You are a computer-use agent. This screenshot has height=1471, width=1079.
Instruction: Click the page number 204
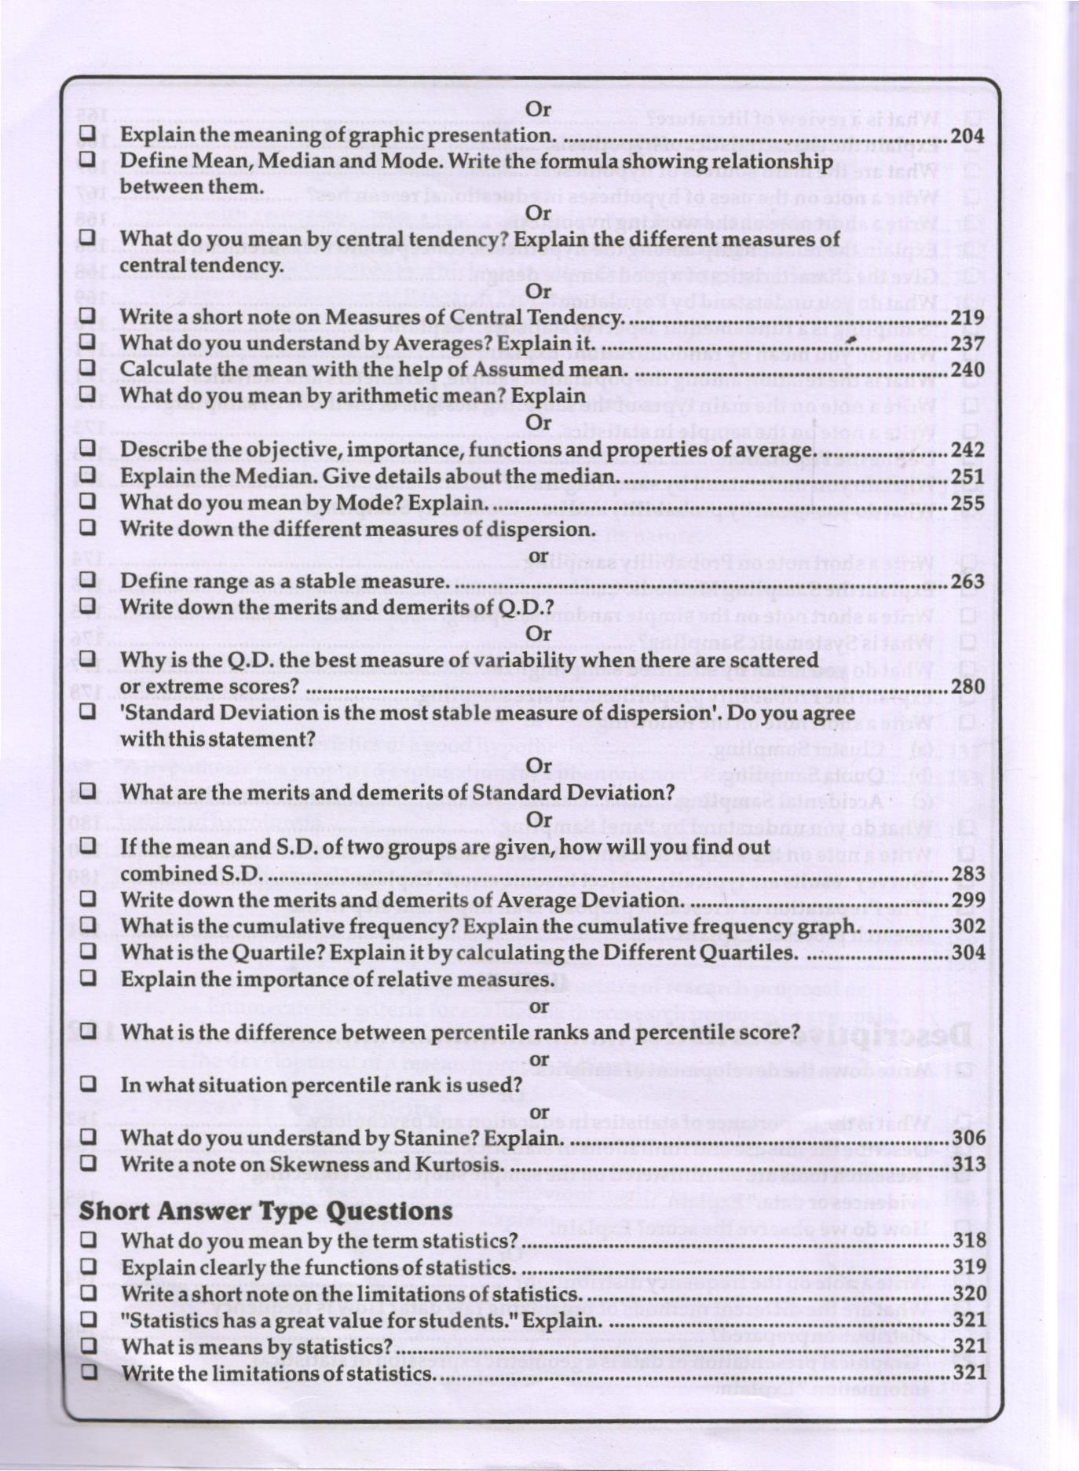click(967, 136)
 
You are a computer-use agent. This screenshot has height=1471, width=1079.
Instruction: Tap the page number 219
click(967, 317)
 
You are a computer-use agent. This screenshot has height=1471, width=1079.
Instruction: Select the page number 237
click(967, 344)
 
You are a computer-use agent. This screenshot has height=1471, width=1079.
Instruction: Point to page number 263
click(967, 581)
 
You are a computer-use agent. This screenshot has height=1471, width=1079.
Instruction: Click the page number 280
click(967, 687)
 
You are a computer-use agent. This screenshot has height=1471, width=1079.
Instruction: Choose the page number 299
click(968, 901)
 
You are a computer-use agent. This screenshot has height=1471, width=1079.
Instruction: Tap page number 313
click(968, 1165)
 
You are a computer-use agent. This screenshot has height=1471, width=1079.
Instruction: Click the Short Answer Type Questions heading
click(265, 1211)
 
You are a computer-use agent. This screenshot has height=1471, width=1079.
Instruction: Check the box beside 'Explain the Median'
click(88, 475)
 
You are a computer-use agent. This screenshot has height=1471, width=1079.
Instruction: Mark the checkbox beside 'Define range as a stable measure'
click(88, 581)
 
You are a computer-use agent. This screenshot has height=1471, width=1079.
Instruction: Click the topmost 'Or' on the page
click(538, 109)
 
